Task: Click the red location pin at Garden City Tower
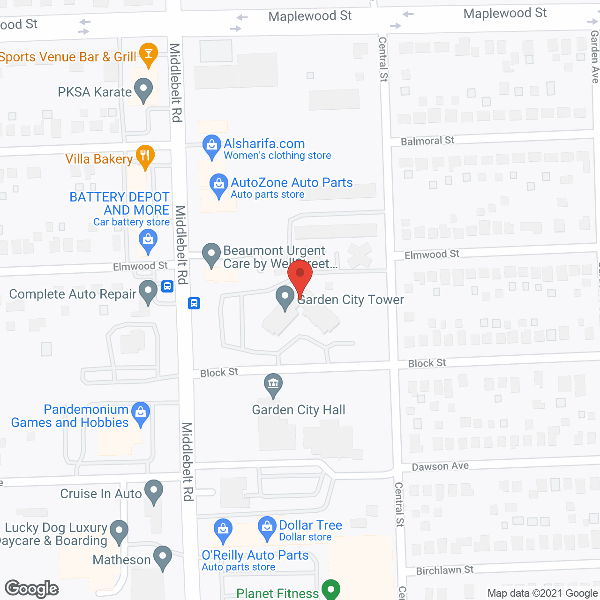(300, 277)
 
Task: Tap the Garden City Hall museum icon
(273, 384)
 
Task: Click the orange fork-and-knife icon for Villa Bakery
(145, 156)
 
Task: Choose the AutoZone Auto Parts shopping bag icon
(218, 185)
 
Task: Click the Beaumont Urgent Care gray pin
(211, 254)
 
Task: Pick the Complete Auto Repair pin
(148, 291)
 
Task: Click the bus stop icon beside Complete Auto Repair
(167, 286)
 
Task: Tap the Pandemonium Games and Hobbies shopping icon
(141, 413)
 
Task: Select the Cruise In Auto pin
(154, 491)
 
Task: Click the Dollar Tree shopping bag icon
(267, 527)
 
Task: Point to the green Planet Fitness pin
(331, 589)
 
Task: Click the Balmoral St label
(427, 141)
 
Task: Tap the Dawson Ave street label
(440, 466)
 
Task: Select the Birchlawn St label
(445, 570)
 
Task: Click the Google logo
(32, 589)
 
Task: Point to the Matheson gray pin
(163, 557)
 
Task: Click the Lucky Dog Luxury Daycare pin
(119, 531)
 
